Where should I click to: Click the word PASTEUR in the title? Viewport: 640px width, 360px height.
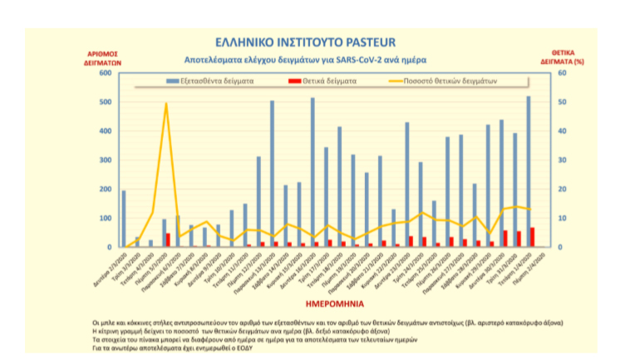[365, 41]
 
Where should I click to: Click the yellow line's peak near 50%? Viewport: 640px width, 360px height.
[166, 104]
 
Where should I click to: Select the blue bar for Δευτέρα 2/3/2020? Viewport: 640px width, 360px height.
[124, 219]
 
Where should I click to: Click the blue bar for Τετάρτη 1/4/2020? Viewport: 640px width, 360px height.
[528, 172]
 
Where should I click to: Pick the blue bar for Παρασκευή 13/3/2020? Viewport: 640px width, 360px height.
[272, 174]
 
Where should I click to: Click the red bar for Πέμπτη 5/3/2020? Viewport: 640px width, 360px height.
[168, 240]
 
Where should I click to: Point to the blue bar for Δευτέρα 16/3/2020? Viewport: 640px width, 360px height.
[313, 172]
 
